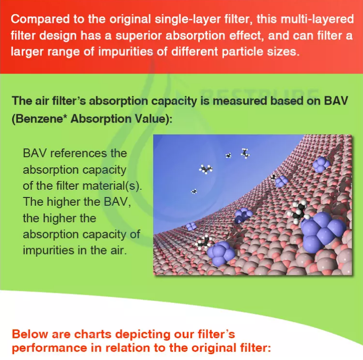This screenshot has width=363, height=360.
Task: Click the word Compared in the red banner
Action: [40, 19]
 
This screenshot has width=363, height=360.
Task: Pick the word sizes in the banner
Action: [283, 52]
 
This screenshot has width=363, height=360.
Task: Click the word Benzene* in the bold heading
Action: [41, 119]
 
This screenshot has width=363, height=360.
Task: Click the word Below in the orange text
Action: [30, 334]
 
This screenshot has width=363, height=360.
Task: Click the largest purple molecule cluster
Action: [323, 233]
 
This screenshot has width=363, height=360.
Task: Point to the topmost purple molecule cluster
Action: [321, 164]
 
